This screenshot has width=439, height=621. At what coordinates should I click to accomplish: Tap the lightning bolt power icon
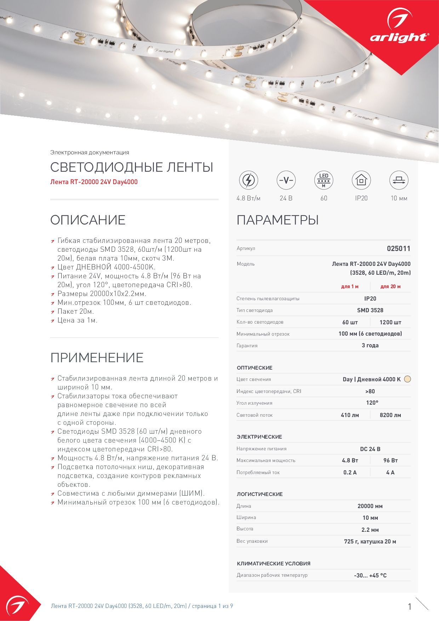(x=248, y=180)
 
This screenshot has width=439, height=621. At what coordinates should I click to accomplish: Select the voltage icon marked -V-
(x=286, y=180)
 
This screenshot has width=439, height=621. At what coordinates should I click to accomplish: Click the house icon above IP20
(x=361, y=180)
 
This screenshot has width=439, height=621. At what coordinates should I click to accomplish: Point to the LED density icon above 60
(x=324, y=180)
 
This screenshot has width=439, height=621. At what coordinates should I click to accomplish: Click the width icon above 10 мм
(x=399, y=180)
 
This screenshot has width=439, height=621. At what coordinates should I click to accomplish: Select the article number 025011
(x=398, y=249)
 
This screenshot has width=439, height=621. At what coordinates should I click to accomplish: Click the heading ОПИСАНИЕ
(x=88, y=220)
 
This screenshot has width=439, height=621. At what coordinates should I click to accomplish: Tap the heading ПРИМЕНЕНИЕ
(x=97, y=358)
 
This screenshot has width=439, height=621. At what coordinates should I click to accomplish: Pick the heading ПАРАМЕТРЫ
(x=278, y=220)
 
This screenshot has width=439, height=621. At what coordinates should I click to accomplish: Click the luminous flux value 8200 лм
(x=390, y=415)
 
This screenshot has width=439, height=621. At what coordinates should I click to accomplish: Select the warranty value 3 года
(x=370, y=345)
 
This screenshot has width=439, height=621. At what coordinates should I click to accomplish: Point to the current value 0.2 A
(x=350, y=472)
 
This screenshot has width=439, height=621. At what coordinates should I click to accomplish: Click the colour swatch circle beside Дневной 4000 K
(x=407, y=379)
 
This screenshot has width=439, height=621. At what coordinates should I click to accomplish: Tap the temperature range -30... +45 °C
(x=370, y=575)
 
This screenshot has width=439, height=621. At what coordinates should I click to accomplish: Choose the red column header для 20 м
(x=390, y=286)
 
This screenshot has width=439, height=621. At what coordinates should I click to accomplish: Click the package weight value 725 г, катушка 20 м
(x=370, y=541)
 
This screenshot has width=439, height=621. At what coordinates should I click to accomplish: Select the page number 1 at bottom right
(x=410, y=606)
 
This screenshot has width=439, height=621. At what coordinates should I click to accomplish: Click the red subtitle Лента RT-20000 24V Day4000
(x=94, y=182)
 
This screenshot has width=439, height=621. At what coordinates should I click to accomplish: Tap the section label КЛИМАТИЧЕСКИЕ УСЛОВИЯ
(x=273, y=563)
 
